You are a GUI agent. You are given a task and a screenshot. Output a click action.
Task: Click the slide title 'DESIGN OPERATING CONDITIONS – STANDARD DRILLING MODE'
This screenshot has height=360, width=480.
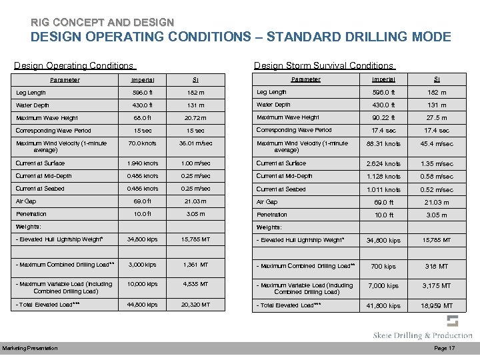[x=241, y=37]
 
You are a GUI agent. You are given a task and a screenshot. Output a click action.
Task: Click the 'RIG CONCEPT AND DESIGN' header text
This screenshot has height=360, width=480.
[x=102, y=22]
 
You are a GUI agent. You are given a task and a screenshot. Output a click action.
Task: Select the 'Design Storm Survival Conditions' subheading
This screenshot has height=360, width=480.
[x=323, y=65]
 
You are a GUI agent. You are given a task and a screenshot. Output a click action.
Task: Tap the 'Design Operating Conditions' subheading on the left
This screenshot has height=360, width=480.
[x=74, y=65]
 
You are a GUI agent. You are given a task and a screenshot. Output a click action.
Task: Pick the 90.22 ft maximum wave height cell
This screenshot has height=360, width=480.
[x=384, y=118]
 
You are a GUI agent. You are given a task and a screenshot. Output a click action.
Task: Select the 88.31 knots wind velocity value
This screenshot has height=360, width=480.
[x=384, y=143]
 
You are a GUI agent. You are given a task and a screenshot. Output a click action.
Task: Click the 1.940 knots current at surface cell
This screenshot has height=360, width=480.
[x=142, y=163]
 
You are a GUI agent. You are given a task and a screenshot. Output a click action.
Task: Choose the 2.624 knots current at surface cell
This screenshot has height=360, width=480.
[x=384, y=163]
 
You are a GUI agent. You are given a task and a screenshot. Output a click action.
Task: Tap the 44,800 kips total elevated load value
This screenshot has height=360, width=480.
[x=142, y=305]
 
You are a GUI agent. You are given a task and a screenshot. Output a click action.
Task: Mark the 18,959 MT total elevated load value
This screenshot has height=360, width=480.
[x=437, y=306]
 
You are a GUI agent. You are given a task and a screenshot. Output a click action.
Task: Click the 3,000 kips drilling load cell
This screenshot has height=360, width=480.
[x=142, y=265]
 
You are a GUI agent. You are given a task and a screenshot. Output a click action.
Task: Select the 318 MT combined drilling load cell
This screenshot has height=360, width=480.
[x=437, y=266]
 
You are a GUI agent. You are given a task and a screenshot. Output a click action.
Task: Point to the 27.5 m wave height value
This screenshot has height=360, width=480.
[x=437, y=118]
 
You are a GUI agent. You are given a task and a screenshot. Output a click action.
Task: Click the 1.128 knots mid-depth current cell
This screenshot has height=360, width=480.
[x=384, y=177]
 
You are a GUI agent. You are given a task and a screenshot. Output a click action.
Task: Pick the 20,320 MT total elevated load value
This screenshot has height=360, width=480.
[x=195, y=305]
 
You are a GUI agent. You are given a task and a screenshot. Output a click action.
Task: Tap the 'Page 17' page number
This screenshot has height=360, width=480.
[x=445, y=349]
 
